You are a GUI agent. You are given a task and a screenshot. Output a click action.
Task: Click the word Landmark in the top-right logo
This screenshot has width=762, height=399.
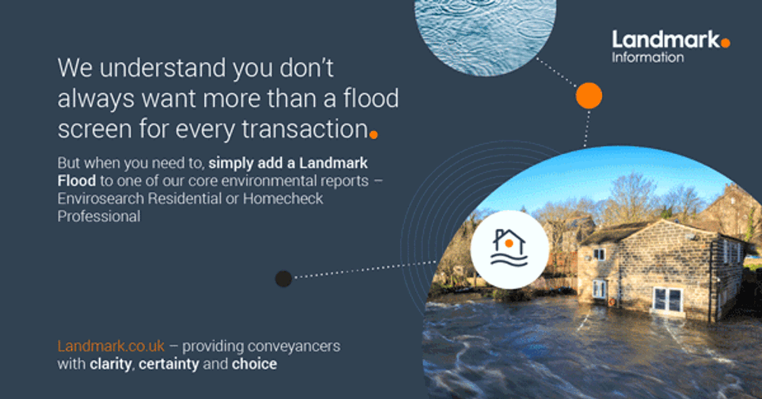(x=665, y=40)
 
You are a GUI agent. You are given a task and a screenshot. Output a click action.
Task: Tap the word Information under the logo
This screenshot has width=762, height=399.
(x=648, y=57)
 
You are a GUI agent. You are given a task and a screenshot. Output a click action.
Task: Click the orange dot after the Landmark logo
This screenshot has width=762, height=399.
(x=725, y=43)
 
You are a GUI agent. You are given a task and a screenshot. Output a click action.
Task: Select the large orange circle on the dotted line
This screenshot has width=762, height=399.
(x=588, y=95)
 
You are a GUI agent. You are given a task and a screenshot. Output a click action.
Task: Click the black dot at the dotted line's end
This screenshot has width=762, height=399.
(x=283, y=278)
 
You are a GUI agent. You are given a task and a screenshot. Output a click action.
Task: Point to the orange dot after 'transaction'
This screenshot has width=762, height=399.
(x=373, y=135)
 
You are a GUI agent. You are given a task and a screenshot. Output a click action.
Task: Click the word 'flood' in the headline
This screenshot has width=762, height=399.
(x=370, y=98)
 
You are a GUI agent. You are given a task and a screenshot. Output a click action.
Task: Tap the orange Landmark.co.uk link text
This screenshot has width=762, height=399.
(x=111, y=346)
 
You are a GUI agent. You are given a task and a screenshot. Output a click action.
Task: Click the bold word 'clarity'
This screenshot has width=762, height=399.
(x=112, y=364)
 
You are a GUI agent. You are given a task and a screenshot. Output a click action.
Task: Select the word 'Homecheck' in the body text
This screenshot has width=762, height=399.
(x=284, y=198)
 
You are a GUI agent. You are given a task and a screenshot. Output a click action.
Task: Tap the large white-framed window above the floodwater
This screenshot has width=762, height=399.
(x=668, y=300)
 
